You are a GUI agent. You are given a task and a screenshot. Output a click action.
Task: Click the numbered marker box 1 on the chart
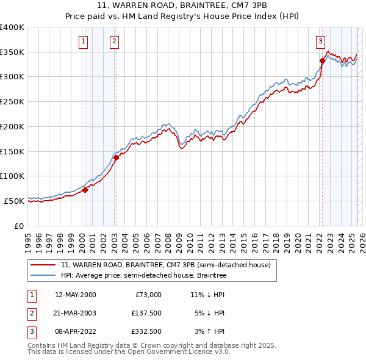click(83, 41)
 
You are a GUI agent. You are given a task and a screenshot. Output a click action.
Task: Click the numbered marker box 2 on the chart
click(114, 41)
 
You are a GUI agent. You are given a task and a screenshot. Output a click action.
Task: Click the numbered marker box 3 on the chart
click(320, 41)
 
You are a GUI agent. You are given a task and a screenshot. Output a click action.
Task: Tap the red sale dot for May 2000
click(85, 190)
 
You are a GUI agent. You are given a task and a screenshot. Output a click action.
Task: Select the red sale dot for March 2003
click(116, 157)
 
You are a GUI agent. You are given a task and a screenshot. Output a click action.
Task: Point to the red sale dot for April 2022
click(322, 60)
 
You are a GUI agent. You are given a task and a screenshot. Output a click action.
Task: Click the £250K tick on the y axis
click(12, 102)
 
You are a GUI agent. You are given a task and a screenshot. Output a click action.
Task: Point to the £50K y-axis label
click(14, 201)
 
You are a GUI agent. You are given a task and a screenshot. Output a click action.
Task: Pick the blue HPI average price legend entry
click(143, 276)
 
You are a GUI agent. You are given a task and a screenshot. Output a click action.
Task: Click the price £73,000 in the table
click(148, 295)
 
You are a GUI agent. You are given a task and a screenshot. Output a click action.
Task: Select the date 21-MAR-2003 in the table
click(75, 314)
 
